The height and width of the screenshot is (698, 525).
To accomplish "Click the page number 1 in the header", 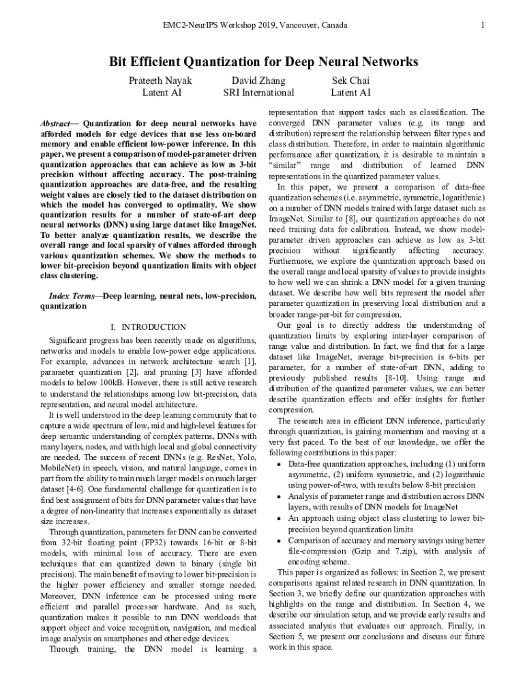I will (x=483, y=25).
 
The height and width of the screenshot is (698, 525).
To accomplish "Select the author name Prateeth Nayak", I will (x=161, y=80).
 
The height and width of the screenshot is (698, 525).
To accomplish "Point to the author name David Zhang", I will (x=258, y=80).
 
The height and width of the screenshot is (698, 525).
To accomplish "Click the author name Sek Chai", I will (x=350, y=80).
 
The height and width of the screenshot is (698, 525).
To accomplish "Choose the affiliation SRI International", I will (x=258, y=93).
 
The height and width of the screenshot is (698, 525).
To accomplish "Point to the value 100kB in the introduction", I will (x=93, y=383).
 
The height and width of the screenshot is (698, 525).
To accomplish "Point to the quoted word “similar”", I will (x=286, y=166).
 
